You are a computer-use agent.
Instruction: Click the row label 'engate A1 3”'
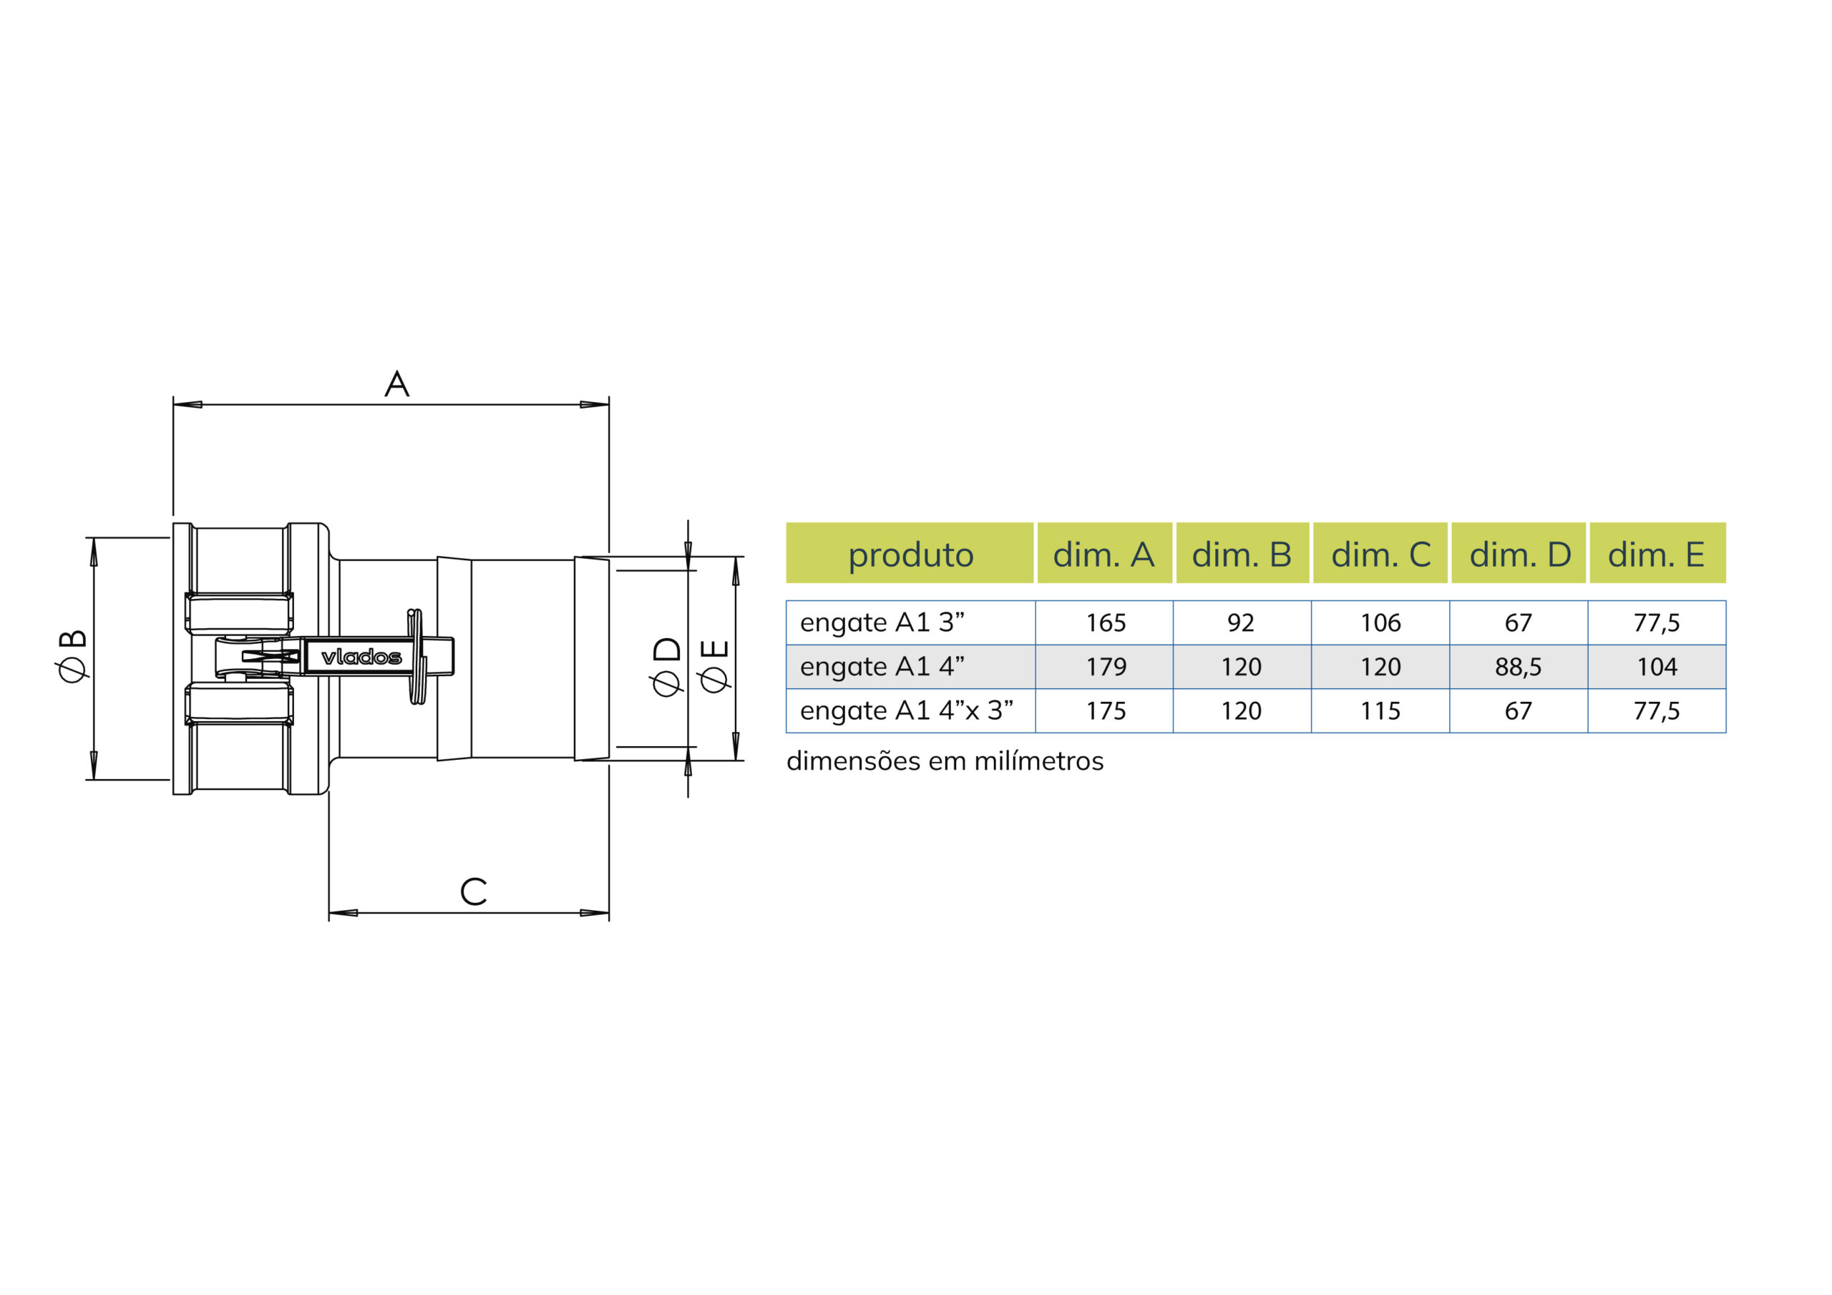[x=882, y=622]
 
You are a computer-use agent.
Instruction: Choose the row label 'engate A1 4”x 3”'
[x=907, y=710]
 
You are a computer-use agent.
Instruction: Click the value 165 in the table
[x=1106, y=622]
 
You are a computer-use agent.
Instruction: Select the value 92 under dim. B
[x=1241, y=622]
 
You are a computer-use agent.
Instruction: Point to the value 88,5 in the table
[x=1519, y=667]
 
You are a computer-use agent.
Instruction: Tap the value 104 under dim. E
[x=1657, y=666]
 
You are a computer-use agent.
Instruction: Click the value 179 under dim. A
[x=1106, y=666]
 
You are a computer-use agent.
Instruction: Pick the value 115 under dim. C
[x=1380, y=710]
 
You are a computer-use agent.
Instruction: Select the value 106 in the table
[x=1380, y=622]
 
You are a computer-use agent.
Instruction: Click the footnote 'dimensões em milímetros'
[x=945, y=761]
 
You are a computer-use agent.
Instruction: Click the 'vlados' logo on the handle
[x=361, y=657]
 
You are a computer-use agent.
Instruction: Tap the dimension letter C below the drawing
[x=473, y=891]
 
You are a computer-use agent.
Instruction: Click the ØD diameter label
[x=667, y=666]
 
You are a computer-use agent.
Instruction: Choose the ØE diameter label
[x=713, y=665]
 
